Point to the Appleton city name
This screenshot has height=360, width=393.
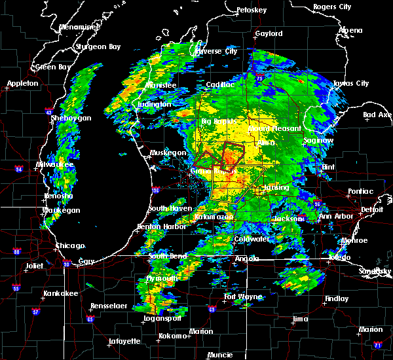(x=23, y=84)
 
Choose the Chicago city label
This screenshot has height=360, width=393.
(x=70, y=245)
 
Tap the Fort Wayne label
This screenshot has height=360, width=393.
(x=244, y=297)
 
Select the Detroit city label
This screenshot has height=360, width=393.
(x=372, y=209)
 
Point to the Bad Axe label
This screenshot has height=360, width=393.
(x=377, y=115)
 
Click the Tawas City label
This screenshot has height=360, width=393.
(x=350, y=84)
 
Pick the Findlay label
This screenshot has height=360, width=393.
(x=337, y=298)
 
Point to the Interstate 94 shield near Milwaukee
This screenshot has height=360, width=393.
(x=20, y=170)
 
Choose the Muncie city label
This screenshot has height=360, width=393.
(x=219, y=355)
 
